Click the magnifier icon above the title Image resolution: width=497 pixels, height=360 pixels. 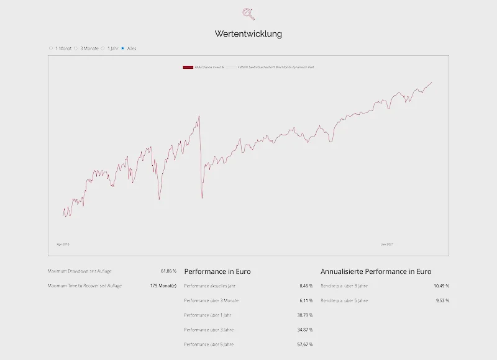(x=248, y=14)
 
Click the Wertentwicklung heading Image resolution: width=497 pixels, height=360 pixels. (x=248, y=34)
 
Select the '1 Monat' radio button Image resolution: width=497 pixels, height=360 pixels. (x=51, y=48)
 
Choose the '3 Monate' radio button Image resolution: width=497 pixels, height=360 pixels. (x=76, y=48)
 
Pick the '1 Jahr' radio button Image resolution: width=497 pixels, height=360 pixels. (x=103, y=48)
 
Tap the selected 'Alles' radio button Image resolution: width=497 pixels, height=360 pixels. (x=122, y=48)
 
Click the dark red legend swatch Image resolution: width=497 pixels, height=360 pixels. (x=188, y=66)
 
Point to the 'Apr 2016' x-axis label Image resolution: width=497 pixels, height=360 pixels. (x=63, y=244)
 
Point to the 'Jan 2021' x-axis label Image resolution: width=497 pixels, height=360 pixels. (x=387, y=244)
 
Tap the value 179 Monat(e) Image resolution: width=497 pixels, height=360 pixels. (x=163, y=286)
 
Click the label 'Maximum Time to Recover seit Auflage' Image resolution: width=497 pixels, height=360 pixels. (x=84, y=286)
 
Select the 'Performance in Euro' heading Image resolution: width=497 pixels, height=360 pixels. (x=217, y=271)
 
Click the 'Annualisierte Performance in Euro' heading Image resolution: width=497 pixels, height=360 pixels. (x=376, y=271)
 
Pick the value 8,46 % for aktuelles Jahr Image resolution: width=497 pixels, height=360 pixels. (x=306, y=286)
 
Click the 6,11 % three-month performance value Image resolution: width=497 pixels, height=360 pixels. (x=306, y=300)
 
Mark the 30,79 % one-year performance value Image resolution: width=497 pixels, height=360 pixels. (x=304, y=315)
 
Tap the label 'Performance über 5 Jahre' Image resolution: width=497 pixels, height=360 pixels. (x=209, y=344)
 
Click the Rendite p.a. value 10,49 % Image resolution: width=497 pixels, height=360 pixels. (x=441, y=286)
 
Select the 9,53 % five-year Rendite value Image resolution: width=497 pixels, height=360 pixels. (x=442, y=300)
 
